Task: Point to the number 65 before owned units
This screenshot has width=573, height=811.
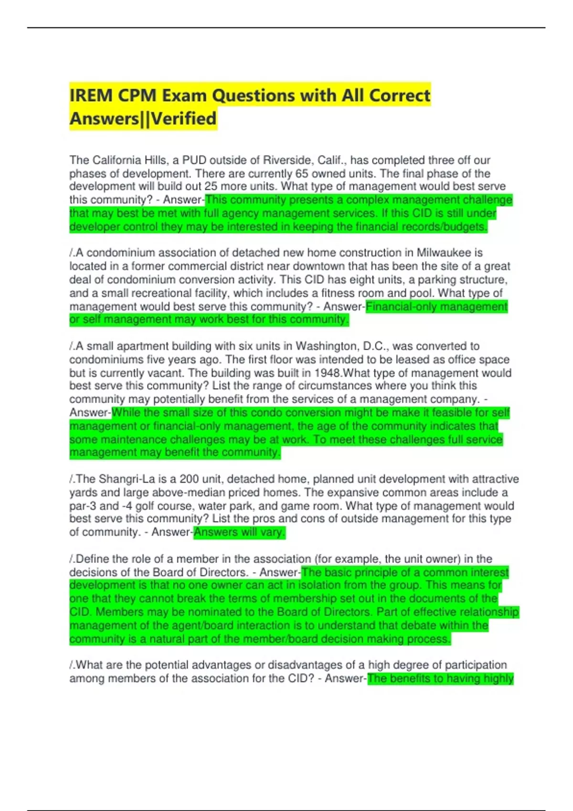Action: click(x=302, y=174)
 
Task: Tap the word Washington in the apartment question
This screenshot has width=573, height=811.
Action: click(x=327, y=346)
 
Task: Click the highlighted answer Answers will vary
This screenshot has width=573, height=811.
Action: click(x=239, y=532)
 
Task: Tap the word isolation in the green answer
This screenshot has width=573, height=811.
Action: click(x=317, y=585)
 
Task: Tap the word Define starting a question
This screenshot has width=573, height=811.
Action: click(x=93, y=559)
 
